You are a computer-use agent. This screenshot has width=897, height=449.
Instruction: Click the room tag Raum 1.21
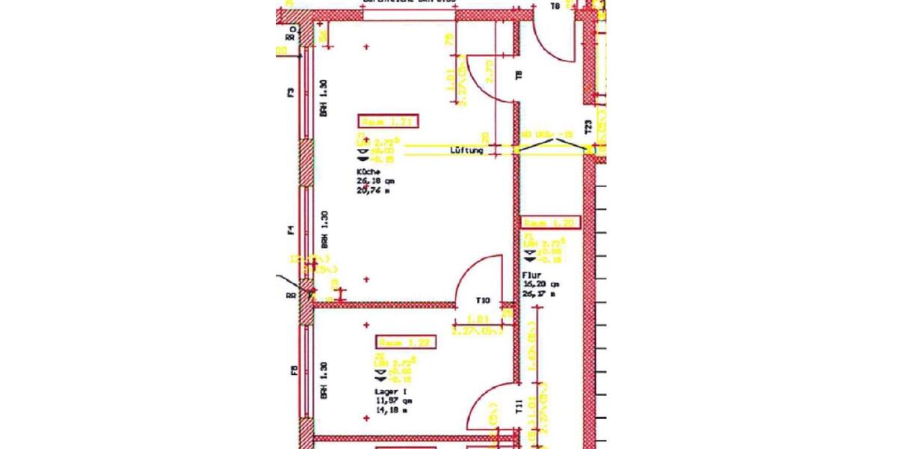pyautogui.click(x=387, y=121)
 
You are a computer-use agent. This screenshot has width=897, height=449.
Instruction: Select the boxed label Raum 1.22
pyautogui.click(x=406, y=342)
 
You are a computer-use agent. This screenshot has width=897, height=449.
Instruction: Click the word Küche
pyautogui.click(x=368, y=171)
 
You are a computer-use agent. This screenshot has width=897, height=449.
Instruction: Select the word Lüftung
pyautogui.click(x=466, y=150)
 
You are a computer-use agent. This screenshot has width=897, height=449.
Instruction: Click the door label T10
pyautogui.click(x=483, y=301)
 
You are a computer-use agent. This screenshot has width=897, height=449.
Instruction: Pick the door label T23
pyautogui.click(x=588, y=127)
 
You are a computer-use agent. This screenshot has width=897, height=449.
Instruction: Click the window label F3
pyautogui.click(x=292, y=93)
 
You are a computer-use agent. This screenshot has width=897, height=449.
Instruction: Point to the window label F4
pyautogui.click(x=292, y=231)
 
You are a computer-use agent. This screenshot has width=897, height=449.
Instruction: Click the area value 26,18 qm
pyautogui.click(x=376, y=180)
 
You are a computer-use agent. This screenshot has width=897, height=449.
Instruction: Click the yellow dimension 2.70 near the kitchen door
pyautogui.click(x=490, y=71)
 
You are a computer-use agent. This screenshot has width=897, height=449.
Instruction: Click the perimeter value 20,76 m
pyautogui.click(x=375, y=190)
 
